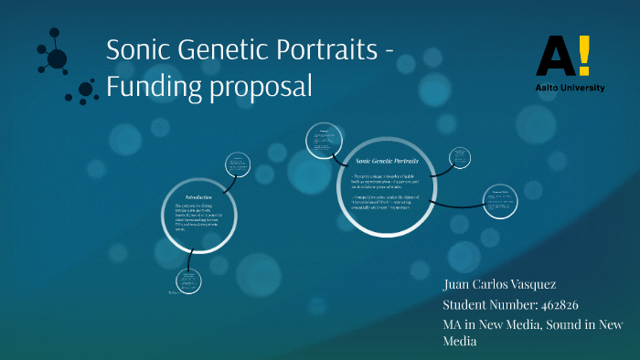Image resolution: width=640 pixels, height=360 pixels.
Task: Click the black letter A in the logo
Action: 554,56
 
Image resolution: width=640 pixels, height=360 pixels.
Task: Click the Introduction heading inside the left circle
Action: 198,197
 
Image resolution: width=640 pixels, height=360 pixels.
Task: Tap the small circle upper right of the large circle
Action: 460,157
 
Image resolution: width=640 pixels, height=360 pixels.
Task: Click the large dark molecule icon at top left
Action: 57,59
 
